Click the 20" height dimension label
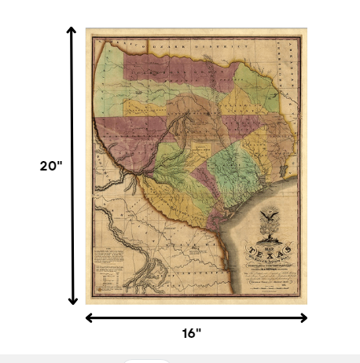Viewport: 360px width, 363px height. point(51,166)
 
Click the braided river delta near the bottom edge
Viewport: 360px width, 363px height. point(145,277)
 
